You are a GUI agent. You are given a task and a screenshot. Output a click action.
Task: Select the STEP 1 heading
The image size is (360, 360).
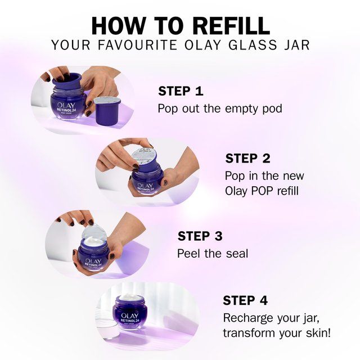(181, 91)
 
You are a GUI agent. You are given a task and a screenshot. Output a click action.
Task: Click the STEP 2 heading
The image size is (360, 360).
(248, 158)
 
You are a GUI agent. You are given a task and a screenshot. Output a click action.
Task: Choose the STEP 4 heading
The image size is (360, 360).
(245, 300)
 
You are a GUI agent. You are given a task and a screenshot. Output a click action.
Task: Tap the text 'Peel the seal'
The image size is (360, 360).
(212, 254)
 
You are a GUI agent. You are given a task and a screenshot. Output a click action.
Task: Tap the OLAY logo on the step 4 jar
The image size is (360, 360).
(130, 315)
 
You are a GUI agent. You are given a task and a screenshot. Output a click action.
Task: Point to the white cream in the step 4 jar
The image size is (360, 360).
(130, 299)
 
